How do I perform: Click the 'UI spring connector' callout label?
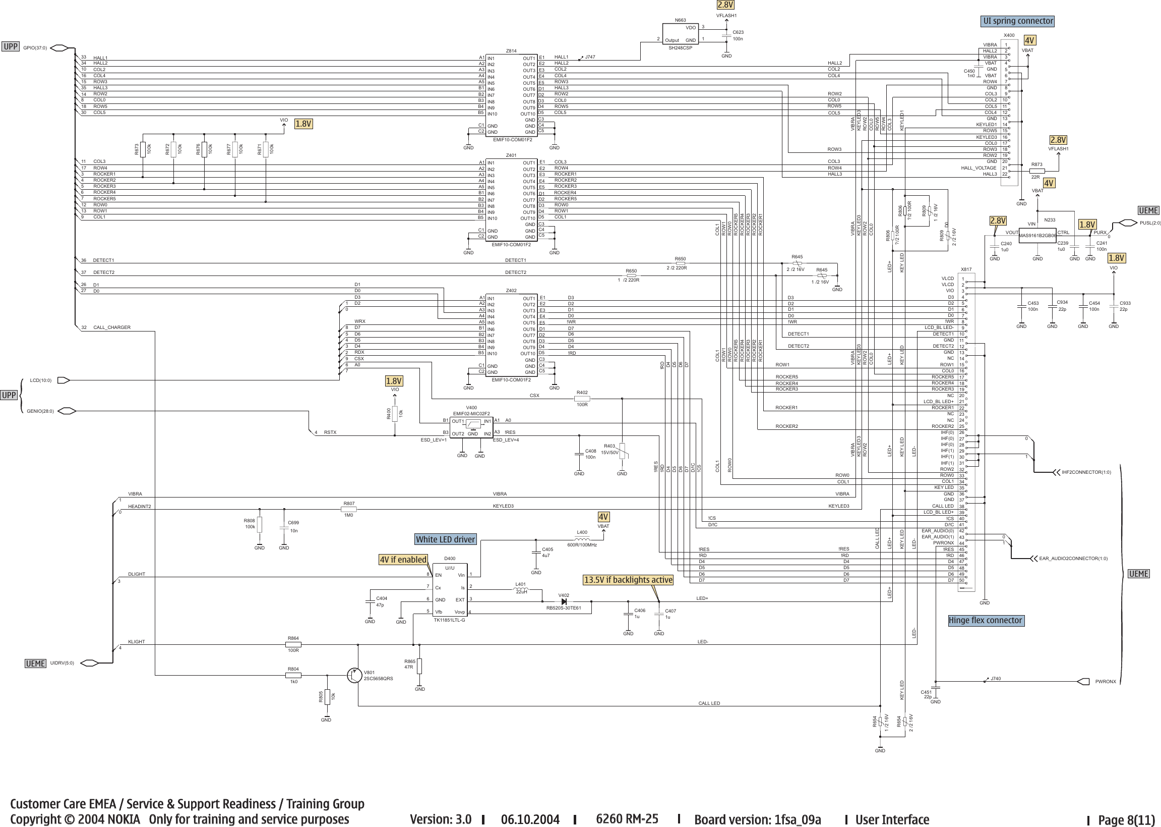click(1017, 21)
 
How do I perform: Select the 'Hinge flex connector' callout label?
click(985, 620)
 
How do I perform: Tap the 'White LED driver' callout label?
click(445, 539)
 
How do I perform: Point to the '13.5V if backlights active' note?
click(628, 580)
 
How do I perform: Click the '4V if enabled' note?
click(403, 559)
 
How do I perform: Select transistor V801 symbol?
click(354, 675)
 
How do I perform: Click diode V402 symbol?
click(563, 601)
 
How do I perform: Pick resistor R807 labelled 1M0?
click(348, 509)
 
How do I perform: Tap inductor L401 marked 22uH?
click(521, 590)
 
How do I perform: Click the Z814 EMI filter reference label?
click(511, 51)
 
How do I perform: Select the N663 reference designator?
click(680, 20)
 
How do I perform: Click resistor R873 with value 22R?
click(1036, 171)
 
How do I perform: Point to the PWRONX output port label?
click(1105, 681)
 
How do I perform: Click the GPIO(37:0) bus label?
click(35, 48)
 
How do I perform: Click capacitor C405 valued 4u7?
click(536, 553)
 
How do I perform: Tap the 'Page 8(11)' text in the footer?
click(1126, 820)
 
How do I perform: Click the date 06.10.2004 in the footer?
click(530, 819)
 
